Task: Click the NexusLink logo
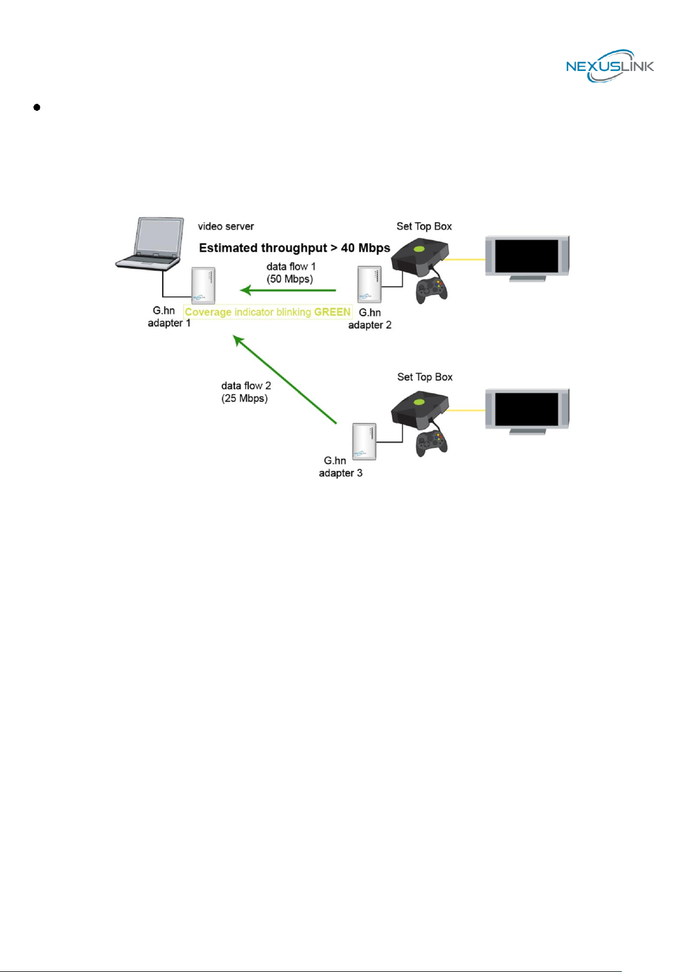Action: [x=610, y=66]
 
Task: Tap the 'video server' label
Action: [x=226, y=226]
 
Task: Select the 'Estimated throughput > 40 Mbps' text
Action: [x=294, y=248]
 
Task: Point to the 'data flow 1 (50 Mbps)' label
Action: [x=290, y=272]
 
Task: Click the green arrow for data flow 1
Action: [x=288, y=290]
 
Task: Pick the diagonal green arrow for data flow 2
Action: [x=285, y=379]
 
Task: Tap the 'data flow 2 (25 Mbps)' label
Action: [x=246, y=392]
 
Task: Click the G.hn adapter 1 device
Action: [x=203, y=286]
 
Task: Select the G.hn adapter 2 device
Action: [x=369, y=284]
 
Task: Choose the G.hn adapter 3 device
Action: [x=364, y=441]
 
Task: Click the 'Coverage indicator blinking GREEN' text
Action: [x=268, y=312]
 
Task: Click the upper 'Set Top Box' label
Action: [x=424, y=226]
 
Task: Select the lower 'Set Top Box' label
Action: [x=425, y=377]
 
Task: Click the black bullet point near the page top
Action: [x=37, y=107]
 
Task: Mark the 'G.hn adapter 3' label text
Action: [x=341, y=467]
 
